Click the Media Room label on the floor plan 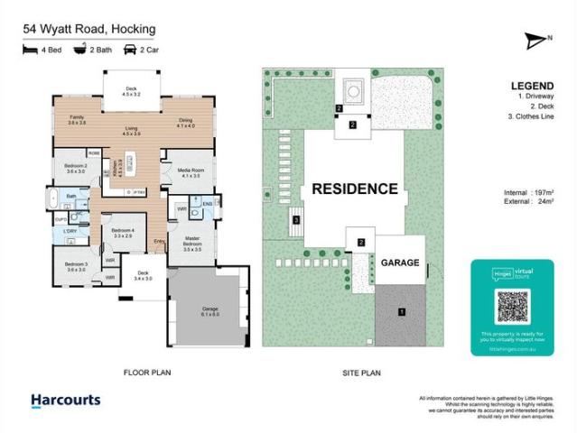pos(190,172)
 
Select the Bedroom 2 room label pos(75,169)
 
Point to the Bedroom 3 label pos(76,266)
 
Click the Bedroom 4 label pos(122,232)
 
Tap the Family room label pos(77,120)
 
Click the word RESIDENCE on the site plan pos(354,189)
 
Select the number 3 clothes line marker pos(294,219)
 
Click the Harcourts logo pos(65,400)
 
